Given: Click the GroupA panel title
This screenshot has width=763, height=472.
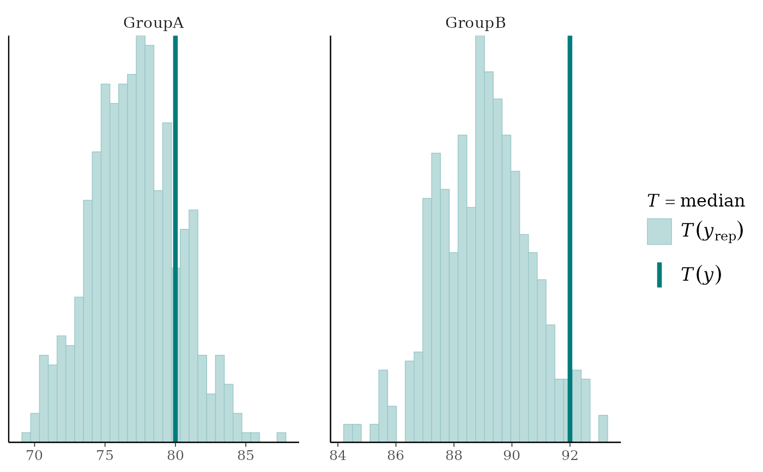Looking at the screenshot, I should click(153, 23).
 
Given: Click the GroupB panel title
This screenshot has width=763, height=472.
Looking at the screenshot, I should click(475, 23).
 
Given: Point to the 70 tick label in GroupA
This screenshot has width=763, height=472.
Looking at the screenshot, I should click(34, 456).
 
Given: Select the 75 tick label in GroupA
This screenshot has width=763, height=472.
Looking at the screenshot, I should click(105, 456).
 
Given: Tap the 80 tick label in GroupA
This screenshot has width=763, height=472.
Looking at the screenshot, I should click(175, 456).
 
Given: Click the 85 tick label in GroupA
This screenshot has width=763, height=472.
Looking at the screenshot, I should click(245, 456).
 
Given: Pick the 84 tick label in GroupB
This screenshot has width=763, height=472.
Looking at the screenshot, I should click(338, 456).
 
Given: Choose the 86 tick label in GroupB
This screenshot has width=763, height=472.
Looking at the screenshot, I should click(396, 456).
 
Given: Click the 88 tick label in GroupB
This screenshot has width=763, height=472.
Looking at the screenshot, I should click(453, 456).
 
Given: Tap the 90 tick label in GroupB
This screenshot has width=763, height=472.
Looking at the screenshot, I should click(512, 456).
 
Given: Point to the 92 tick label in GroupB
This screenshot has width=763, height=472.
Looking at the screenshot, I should click(570, 456).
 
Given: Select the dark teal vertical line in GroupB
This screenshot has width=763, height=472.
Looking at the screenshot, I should click(570, 218).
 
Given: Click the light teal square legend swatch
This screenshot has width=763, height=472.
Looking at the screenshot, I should click(659, 232).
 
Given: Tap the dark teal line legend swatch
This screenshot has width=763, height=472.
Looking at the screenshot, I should click(659, 275).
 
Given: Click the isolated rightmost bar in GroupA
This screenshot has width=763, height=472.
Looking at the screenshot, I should click(281, 437).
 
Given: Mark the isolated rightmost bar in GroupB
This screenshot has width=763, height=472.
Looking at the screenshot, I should click(603, 428).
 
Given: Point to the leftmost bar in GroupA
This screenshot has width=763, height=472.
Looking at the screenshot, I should click(26, 437).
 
